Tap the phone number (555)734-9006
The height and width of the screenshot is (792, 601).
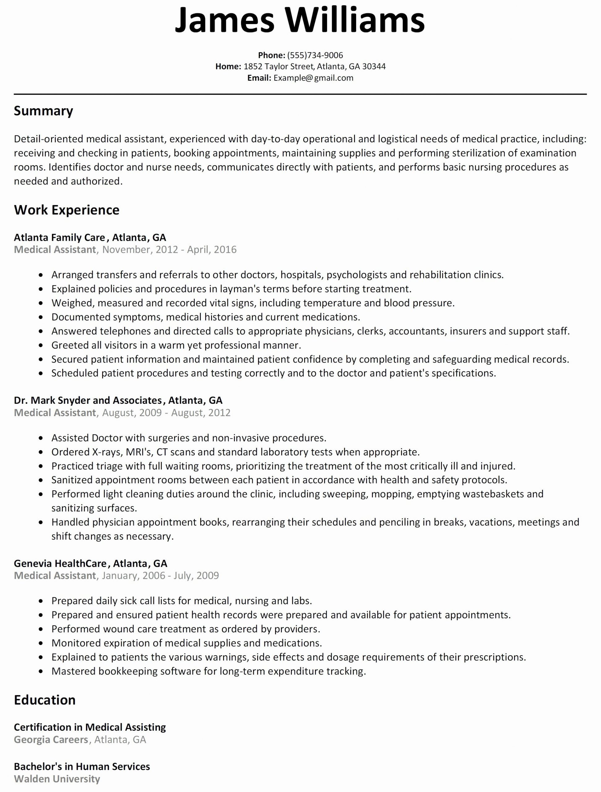pyautogui.click(x=315, y=55)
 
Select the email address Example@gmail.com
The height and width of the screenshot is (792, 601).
pyautogui.click(x=313, y=78)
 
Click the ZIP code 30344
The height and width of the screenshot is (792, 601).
pyautogui.click(x=374, y=66)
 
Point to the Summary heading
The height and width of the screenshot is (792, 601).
pyautogui.click(x=43, y=111)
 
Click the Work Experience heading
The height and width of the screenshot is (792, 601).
pyautogui.click(x=67, y=210)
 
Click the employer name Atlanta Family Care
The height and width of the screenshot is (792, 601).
pyautogui.click(x=59, y=237)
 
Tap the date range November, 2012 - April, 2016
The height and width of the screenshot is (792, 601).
pyautogui.click(x=169, y=250)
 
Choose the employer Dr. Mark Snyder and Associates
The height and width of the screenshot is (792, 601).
pyautogui.click(x=88, y=400)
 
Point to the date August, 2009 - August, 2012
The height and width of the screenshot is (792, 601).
pyautogui.click(x=166, y=412)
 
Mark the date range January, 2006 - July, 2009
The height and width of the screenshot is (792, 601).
pyautogui.click(x=160, y=575)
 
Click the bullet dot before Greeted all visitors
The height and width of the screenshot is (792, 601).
pyautogui.click(x=41, y=346)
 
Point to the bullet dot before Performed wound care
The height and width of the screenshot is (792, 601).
pyautogui.click(x=41, y=629)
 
